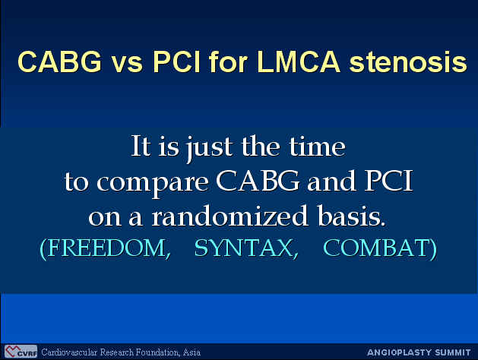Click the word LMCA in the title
(x=299, y=62)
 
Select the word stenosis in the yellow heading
(x=409, y=62)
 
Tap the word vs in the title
(x=127, y=65)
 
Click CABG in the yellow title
(x=59, y=62)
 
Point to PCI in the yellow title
(x=176, y=62)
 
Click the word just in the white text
(x=210, y=147)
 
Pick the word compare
(x=153, y=183)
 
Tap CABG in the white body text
(x=258, y=181)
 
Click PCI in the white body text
(x=388, y=181)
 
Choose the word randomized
(x=230, y=216)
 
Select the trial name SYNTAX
(x=246, y=248)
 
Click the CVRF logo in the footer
(x=21, y=352)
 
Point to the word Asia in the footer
(x=192, y=352)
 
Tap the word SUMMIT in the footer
(x=453, y=352)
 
